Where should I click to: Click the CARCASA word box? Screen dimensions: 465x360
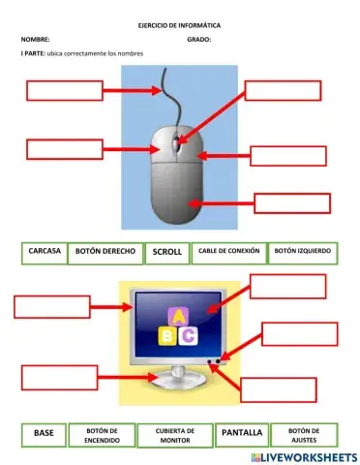[45, 252]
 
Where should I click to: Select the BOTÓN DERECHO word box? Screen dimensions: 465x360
[105, 252]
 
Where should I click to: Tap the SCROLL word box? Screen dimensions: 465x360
[166, 253]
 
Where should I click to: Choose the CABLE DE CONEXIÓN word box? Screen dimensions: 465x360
[228, 252]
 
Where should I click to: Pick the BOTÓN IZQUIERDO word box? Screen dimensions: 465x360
[302, 252]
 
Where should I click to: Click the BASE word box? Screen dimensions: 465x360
[45, 433]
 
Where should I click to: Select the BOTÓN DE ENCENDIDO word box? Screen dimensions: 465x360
[102, 434]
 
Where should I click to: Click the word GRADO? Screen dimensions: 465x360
[199, 40]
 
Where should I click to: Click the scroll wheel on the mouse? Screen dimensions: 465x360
[176, 145]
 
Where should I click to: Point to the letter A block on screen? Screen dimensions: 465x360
[178, 316]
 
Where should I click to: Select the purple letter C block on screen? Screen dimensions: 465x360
[190, 335]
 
